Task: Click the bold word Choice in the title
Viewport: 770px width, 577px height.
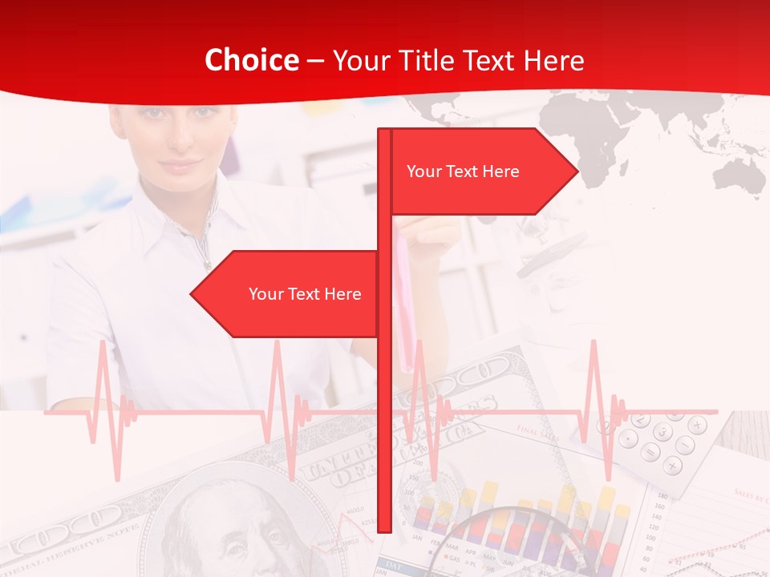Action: [251, 60]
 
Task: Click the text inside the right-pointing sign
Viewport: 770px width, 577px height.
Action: [463, 171]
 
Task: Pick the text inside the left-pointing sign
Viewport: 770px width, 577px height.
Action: [305, 294]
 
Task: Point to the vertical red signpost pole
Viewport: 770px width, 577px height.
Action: [384, 401]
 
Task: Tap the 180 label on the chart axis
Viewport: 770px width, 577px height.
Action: [662, 497]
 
